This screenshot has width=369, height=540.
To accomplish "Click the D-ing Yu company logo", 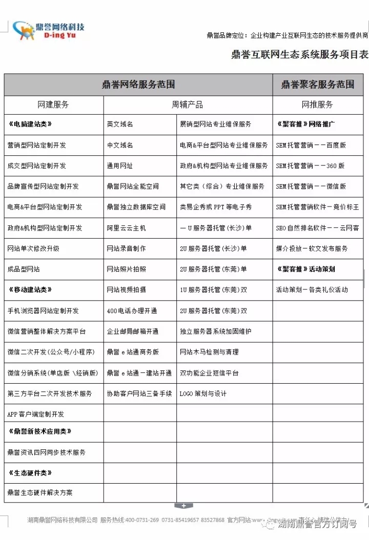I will (x=49, y=31).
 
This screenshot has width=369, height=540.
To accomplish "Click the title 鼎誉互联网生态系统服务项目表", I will (x=300, y=55).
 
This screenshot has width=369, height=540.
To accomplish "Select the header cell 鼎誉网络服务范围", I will (x=138, y=85).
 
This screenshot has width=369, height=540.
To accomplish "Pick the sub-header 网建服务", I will (x=53, y=105).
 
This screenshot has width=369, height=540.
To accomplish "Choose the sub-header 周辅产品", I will (x=187, y=105).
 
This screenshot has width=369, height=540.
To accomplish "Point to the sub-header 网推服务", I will (x=318, y=105).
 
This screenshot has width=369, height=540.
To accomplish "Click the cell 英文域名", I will (x=120, y=124).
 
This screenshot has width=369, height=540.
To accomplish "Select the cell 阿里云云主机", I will (x=126, y=228).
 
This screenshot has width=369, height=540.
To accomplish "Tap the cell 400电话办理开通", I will (x=132, y=311).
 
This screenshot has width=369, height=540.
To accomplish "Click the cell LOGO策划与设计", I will (x=203, y=393).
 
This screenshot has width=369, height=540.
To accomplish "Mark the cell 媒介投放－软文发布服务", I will (x=312, y=248).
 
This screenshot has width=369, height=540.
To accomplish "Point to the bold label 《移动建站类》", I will (x=30, y=290).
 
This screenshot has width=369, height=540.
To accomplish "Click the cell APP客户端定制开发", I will (x=36, y=414).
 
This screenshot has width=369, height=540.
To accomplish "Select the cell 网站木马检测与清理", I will (x=209, y=352).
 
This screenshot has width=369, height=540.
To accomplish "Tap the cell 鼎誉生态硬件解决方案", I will (x=40, y=492).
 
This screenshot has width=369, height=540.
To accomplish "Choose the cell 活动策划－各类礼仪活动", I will (x=312, y=290).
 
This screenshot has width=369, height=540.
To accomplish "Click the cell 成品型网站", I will (x=24, y=269).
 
